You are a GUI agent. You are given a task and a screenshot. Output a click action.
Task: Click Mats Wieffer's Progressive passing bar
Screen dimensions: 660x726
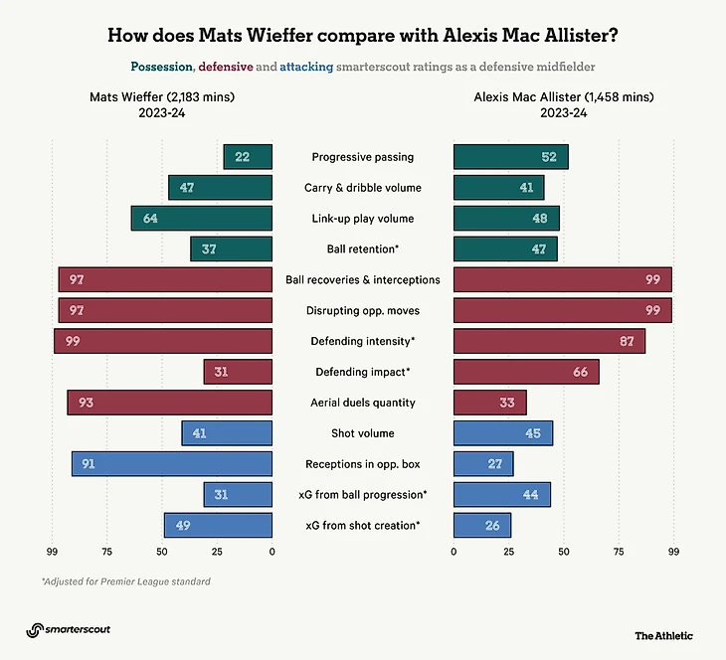[248, 157]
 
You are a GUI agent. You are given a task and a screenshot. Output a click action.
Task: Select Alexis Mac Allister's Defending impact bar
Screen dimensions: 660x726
[526, 372]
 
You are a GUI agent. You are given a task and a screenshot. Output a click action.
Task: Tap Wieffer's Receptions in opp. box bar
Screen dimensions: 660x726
[172, 464]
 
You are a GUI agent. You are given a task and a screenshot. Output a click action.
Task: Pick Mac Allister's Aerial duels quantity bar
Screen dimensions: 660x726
[489, 403]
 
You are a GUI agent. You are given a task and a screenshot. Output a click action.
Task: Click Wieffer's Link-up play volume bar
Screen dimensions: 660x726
[202, 219]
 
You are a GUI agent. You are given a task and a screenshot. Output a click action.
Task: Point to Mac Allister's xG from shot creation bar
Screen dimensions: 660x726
[482, 525]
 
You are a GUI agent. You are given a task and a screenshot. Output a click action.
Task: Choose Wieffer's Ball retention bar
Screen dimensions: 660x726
[232, 249]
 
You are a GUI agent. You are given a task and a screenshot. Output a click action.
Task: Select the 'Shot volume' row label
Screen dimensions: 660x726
[362, 433]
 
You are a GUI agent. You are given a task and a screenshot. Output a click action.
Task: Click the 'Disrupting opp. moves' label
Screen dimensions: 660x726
[362, 311]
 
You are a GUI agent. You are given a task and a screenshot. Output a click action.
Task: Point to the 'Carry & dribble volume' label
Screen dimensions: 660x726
[362, 188]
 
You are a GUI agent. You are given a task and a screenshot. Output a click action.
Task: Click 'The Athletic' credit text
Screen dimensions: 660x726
[663, 635]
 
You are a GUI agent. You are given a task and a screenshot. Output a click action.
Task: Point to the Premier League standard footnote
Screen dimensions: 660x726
[125, 581]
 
